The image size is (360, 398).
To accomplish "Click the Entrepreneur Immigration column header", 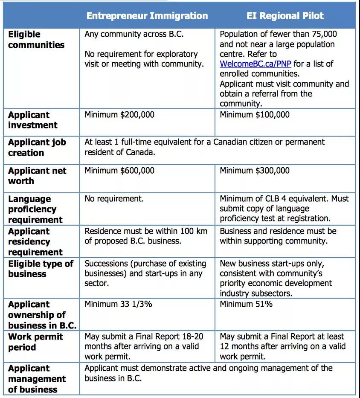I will [x=147, y=16].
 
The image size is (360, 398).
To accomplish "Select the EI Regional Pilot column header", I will [x=285, y=16].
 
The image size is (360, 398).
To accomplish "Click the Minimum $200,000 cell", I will [x=119, y=115].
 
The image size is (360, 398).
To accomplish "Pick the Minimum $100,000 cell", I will [x=255, y=115].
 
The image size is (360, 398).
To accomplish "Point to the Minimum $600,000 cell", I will [x=119, y=171].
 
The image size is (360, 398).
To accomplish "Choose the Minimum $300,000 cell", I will [x=255, y=171].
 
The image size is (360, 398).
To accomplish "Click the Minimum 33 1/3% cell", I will [x=118, y=304].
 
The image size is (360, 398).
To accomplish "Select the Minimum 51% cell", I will [x=246, y=304].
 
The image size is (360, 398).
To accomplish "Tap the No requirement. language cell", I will [x=114, y=199].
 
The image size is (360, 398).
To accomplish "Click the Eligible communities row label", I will [x=36, y=40].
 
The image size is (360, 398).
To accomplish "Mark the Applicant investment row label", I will [x=32, y=120].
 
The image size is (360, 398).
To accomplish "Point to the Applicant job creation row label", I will [x=37, y=148].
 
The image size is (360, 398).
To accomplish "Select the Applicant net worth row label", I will [x=37, y=176].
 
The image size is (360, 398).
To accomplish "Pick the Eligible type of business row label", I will [x=41, y=269].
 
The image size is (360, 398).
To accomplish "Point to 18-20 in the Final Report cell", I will [x=192, y=337].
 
